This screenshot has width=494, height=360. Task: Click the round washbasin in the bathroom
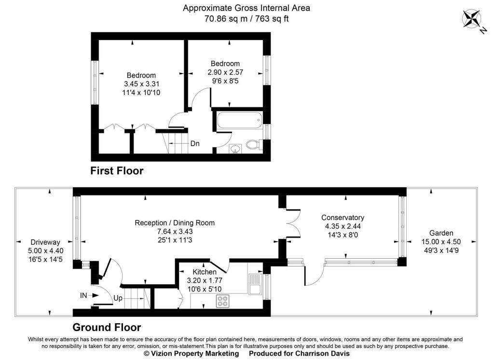[235, 149]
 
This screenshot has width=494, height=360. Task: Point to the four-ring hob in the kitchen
[223, 301]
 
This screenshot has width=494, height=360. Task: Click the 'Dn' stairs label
[195, 143]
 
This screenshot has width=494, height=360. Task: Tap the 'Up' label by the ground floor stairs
[118, 298]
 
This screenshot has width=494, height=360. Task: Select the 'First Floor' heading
[117, 171]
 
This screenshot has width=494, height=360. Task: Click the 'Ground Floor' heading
[107, 327]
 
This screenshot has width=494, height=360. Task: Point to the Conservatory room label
[343, 218]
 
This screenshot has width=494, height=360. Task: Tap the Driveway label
[45, 242]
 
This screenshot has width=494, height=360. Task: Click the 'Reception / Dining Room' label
[175, 223]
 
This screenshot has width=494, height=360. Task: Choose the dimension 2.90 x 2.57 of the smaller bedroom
[225, 72]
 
